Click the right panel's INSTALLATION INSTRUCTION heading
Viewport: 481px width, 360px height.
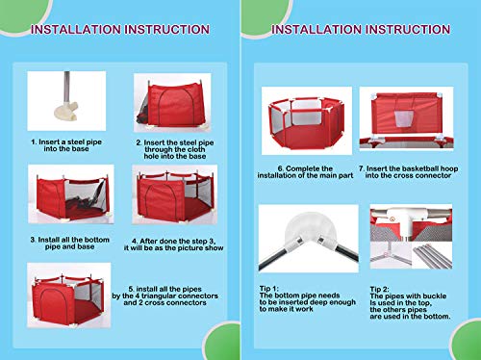click(x=361, y=30)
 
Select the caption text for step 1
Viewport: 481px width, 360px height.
click(x=63, y=145)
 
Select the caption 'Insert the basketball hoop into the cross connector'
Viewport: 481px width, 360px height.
click(x=408, y=173)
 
